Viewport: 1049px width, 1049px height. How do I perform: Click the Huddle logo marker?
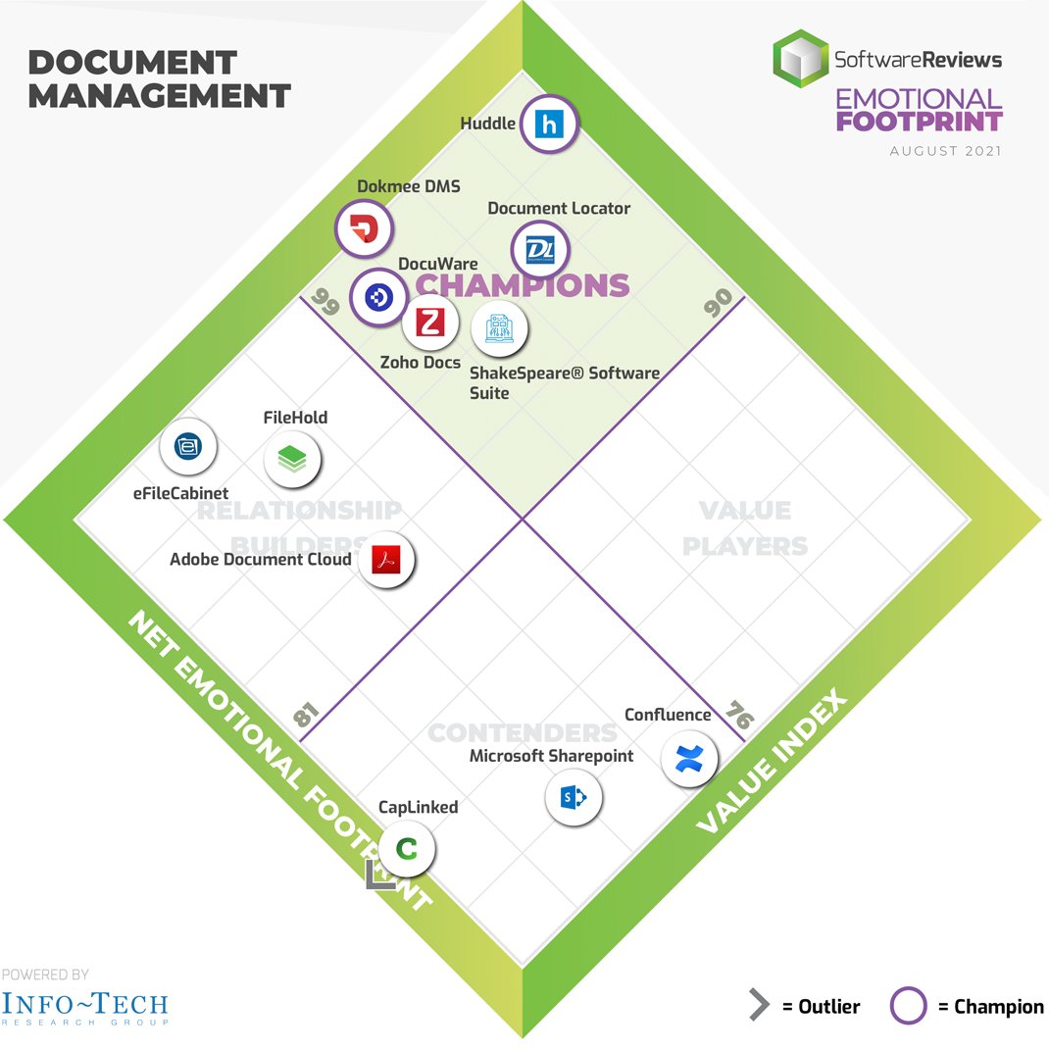pos(548,125)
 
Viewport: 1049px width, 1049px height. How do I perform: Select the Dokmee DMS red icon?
pos(364,229)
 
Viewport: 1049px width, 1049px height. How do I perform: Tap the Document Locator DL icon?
pos(539,250)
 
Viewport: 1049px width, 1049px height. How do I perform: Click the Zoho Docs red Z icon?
pos(429,323)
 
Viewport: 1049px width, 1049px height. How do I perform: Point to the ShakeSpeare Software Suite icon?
pos(499,329)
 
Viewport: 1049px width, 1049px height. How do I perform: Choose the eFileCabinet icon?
pos(188,447)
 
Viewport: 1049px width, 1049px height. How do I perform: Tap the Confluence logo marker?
pos(689,758)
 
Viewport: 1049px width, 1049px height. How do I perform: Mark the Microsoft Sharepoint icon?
pos(574,798)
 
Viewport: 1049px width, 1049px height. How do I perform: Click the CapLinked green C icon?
pos(406,849)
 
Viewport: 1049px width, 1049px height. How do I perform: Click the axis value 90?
pos(719,303)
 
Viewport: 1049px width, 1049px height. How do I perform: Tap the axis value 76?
pos(740,717)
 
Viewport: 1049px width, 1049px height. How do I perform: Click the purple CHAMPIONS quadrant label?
pos(522,285)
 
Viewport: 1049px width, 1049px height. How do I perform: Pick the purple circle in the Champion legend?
pos(908,1006)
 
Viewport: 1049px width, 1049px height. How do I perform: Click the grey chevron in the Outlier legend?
pos(758,1006)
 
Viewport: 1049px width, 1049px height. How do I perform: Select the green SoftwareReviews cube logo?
pos(799,59)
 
